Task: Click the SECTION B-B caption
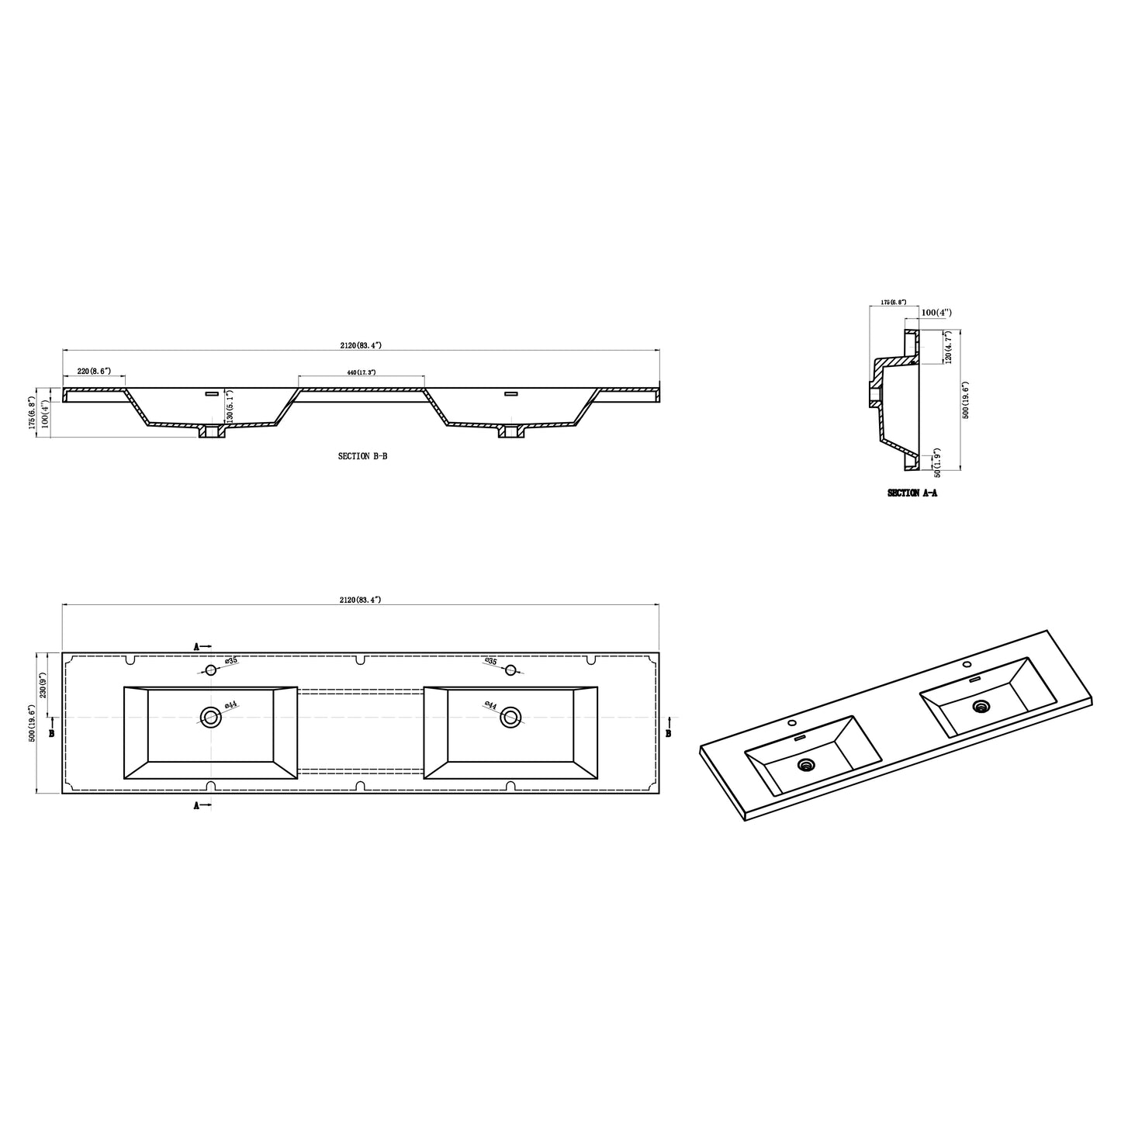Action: (362, 457)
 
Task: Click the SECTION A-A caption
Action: (912, 493)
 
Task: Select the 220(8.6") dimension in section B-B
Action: (95, 372)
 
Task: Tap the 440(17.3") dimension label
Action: (362, 373)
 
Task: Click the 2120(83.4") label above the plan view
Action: (360, 600)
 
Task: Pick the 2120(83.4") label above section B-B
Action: (360, 345)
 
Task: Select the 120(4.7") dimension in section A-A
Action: (949, 348)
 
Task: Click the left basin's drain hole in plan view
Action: (210, 717)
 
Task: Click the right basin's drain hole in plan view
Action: (510, 717)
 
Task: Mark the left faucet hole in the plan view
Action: (210, 670)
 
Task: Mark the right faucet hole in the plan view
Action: (510, 670)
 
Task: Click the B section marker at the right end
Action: (669, 731)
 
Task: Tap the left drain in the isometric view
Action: (808, 766)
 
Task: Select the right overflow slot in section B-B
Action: (510, 394)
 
